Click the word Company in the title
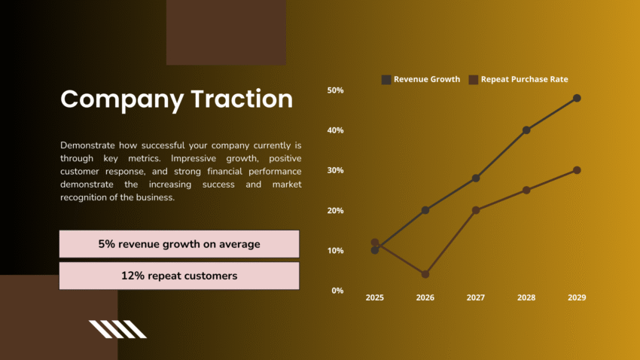pos(121,99)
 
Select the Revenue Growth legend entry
pos(421,79)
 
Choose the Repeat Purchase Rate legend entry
pos(519,79)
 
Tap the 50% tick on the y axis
pos(335,90)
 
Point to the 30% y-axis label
pos(335,170)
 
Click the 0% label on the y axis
pos(337,290)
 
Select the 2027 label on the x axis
pos(476,297)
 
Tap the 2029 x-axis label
pos(576,297)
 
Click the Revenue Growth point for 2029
pos(577,98)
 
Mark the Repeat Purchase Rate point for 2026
pos(425,274)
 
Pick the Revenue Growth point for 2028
pos(526,130)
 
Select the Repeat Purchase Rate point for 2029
pos(577,170)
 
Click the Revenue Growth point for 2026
pos(425,210)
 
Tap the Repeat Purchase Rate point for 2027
pos(476,210)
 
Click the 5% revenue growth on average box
pos(179,244)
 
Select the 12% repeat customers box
pos(179,276)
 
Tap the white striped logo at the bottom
pos(117,329)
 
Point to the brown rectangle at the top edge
pos(226,32)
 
